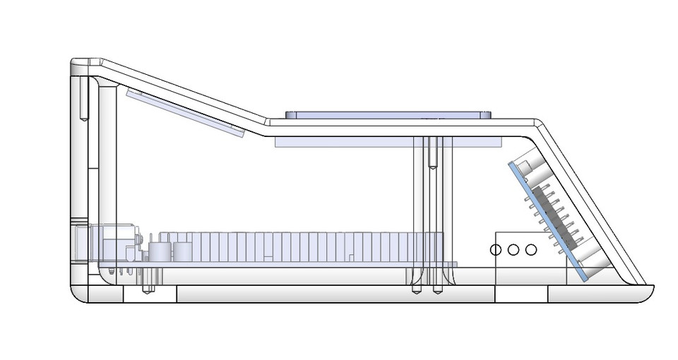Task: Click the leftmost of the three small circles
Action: point(496,249)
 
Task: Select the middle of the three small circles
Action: point(513,249)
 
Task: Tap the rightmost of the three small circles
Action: point(530,249)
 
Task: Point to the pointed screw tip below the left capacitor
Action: point(148,289)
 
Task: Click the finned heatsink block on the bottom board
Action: point(297,247)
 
